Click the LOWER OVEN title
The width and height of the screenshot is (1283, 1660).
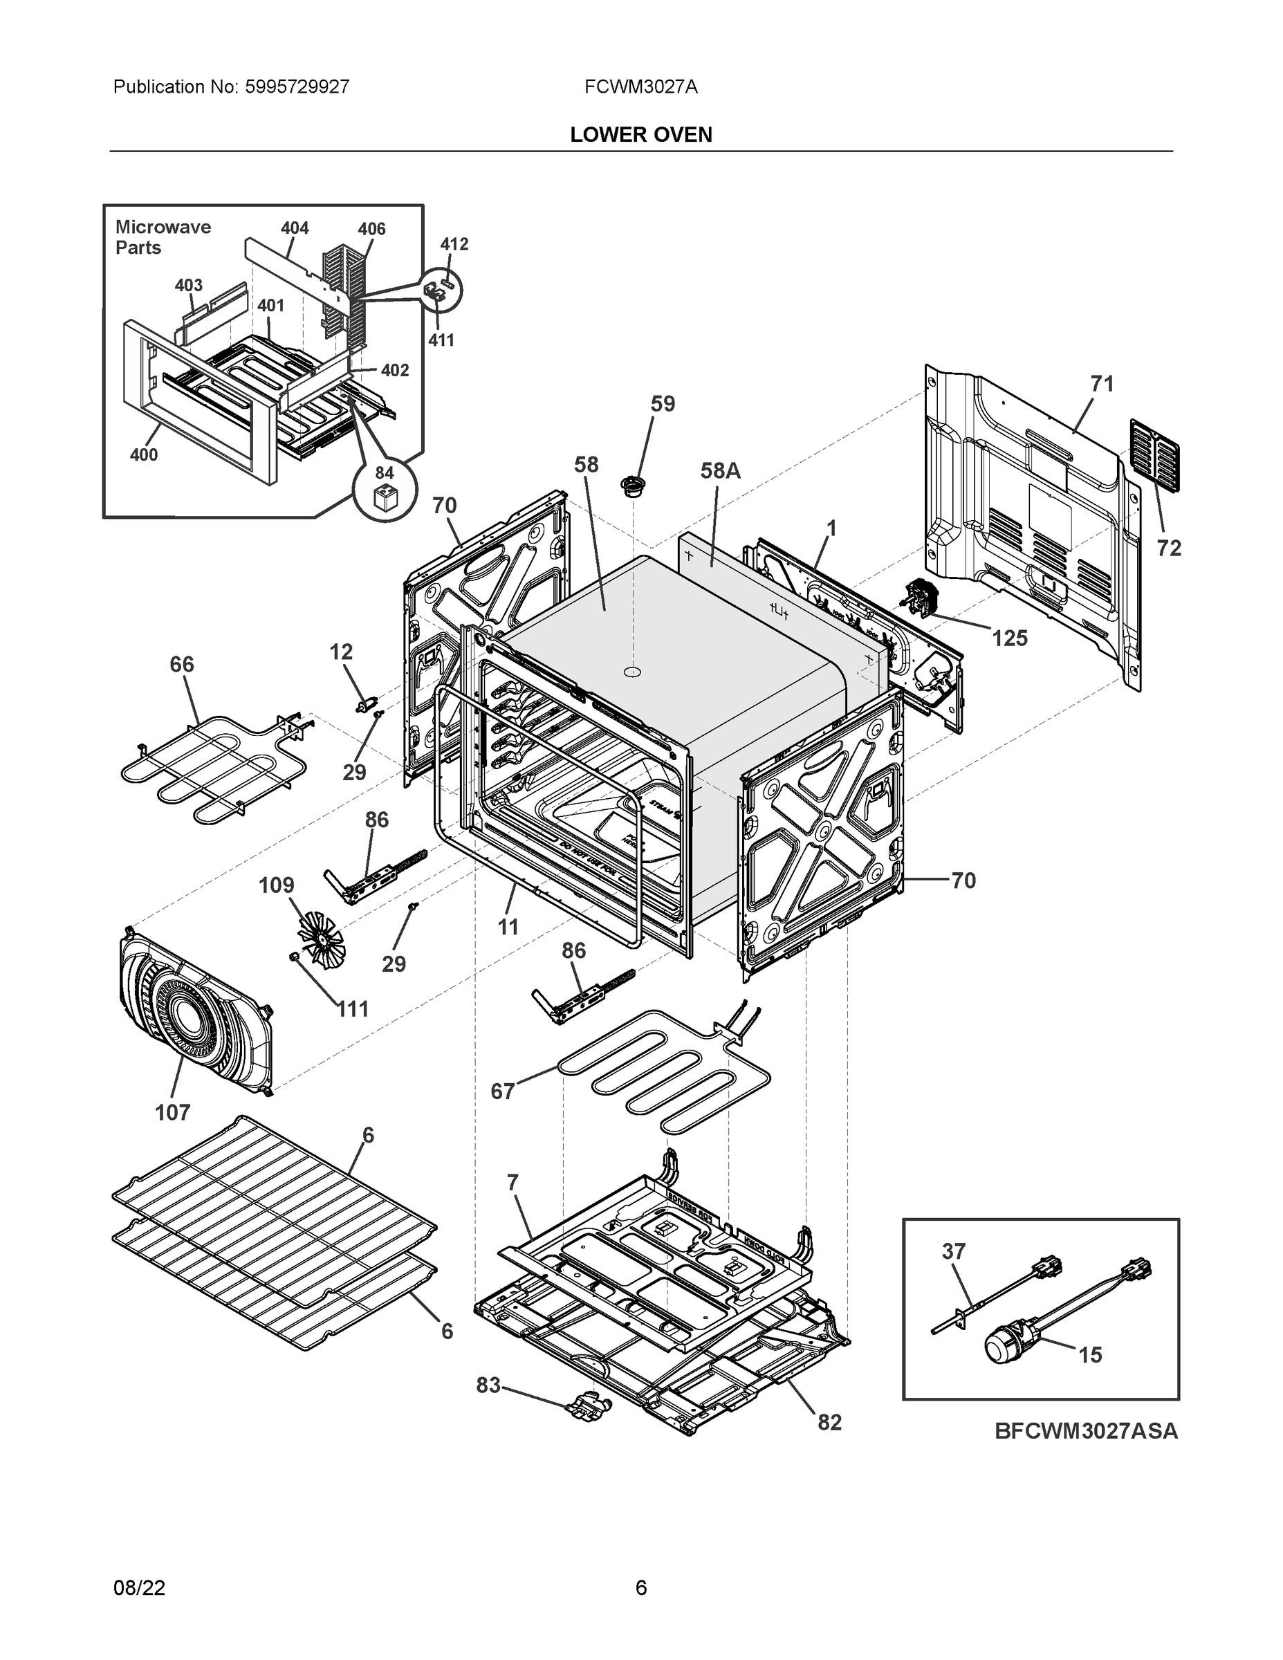pyautogui.click(x=640, y=135)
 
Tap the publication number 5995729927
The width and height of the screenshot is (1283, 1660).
pyautogui.click(x=297, y=86)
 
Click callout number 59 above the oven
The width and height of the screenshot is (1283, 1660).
pyautogui.click(x=662, y=404)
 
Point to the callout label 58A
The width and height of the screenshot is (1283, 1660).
pyautogui.click(x=720, y=470)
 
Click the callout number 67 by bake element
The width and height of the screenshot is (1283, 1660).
pyautogui.click(x=502, y=1091)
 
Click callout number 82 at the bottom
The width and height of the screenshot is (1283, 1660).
pyautogui.click(x=829, y=1422)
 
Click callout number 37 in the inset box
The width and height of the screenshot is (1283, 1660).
pyautogui.click(x=953, y=1251)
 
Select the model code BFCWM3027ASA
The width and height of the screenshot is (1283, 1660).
pyautogui.click(x=1086, y=1430)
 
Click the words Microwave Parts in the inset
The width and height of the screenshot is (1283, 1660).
pyautogui.click(x=163, y=237)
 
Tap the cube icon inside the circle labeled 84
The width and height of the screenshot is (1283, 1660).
pyautogui.click(x=385, y=499)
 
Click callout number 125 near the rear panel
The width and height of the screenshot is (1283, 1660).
pyautogui.click(x=1009, y=638)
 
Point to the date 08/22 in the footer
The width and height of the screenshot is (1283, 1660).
pyautogui.click(x=139, y=1588)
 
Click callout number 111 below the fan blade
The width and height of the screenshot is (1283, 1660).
pyautogui.click(x=353, y=1008)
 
